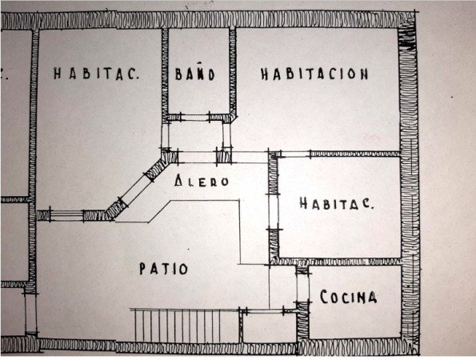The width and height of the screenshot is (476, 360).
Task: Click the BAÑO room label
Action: click(195, 74)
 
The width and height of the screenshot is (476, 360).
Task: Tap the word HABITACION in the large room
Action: click(314, 74)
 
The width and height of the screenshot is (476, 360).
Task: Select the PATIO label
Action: click(164, 269)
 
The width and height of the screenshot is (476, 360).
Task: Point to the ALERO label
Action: click(202, 182)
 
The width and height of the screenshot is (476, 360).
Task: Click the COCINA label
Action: click(349, 297)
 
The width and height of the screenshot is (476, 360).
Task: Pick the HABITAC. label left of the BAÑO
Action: click(96, 74)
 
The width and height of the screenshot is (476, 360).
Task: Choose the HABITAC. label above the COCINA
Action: click(337, 203)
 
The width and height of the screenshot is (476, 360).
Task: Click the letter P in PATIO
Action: click(142, 269)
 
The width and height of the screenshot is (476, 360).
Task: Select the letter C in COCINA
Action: click(324, 297)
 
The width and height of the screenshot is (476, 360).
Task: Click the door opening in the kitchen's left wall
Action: click(302, 287)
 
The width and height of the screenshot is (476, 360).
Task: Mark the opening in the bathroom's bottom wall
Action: click(195, 117)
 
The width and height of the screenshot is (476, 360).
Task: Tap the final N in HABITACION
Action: click(364, 74)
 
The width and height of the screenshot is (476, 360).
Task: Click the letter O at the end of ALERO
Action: click(225, 182)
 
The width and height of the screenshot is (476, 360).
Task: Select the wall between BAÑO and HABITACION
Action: click(233, 73)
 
